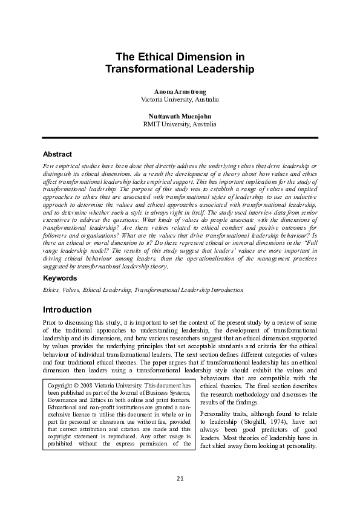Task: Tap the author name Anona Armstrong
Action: (180, 90)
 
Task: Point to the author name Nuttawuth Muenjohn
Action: (180, 115)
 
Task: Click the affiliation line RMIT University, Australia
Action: (180, 124)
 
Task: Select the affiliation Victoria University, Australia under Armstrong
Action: (180, 99)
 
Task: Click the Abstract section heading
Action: (57, 155)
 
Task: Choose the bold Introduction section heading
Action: (67, 310)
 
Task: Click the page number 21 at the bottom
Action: (180, 479)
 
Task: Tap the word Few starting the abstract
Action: (48, 165)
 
